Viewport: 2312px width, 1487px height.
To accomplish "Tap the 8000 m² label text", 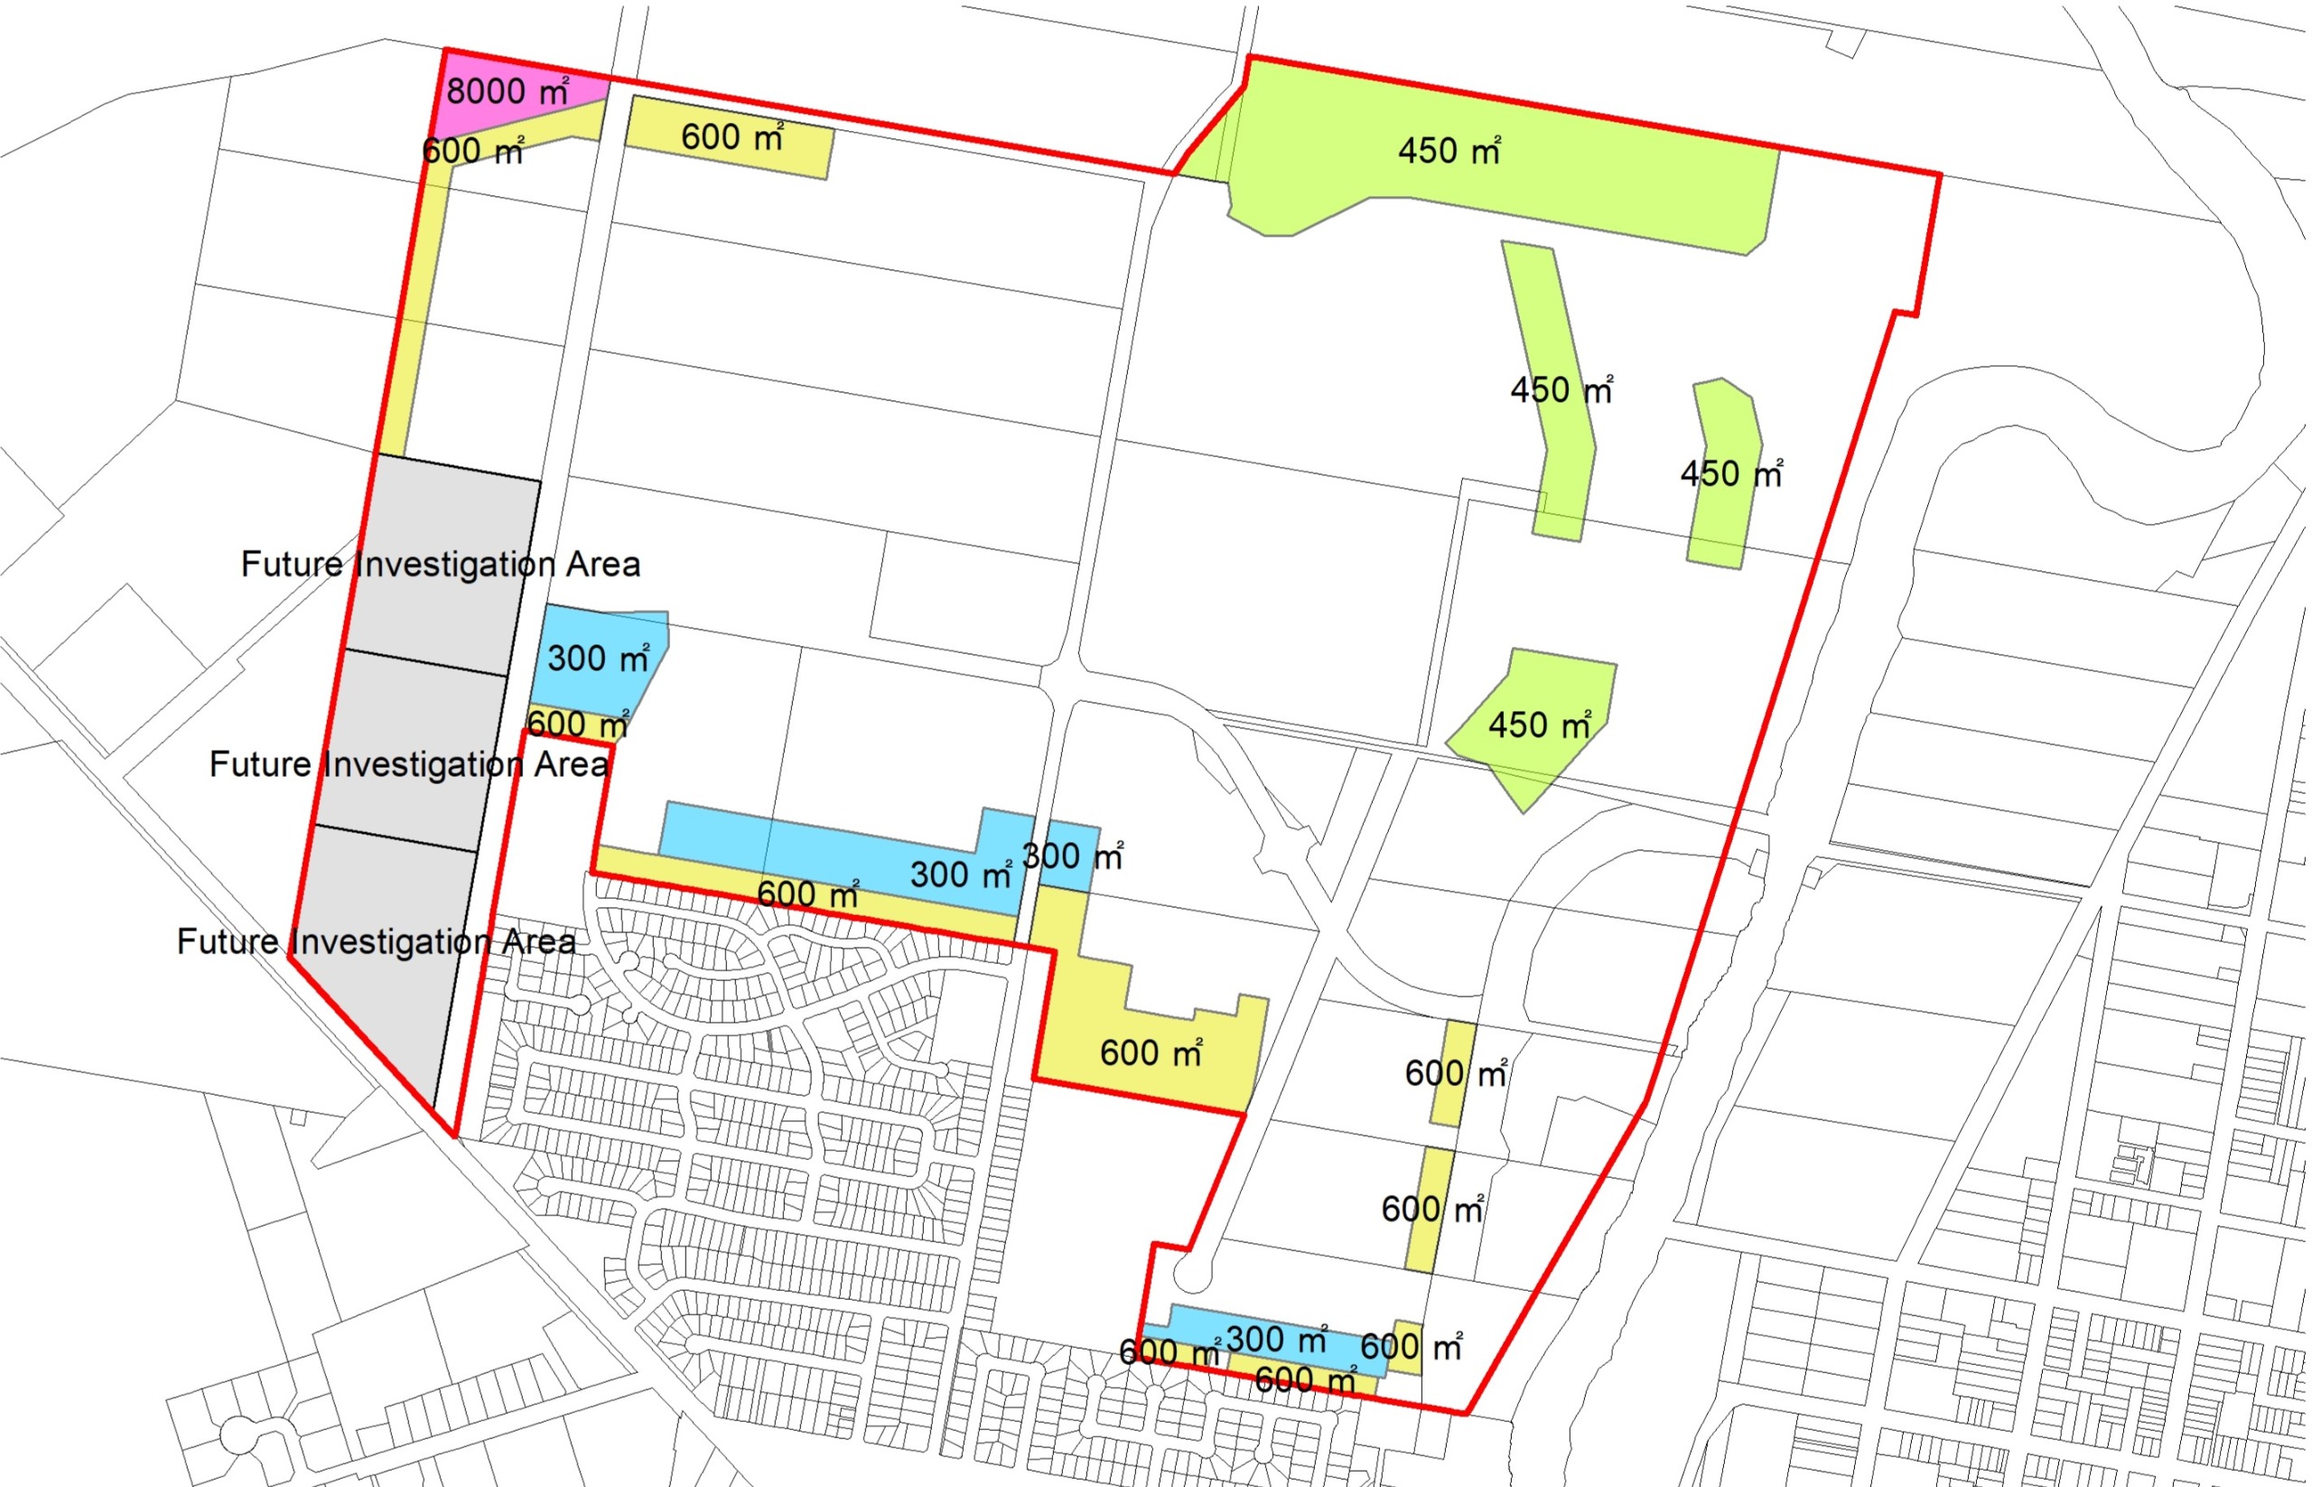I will pos(507,92).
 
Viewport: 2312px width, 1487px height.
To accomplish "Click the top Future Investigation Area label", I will pos(440,564).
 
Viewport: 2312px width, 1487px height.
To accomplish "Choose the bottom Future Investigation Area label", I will pos(377,941).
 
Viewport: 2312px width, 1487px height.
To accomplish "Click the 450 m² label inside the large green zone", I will pos(1449,151).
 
